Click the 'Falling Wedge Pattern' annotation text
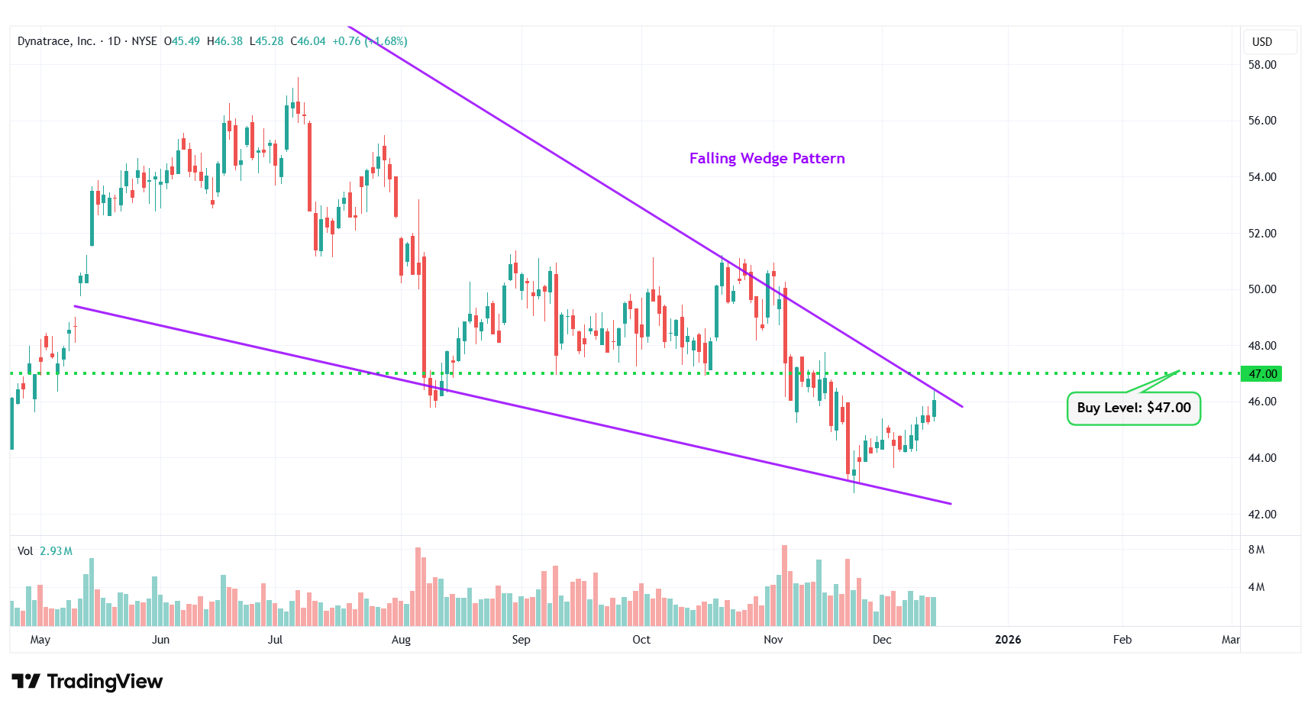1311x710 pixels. [x=767, y=158]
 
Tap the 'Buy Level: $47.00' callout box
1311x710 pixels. [x=1133, y=408]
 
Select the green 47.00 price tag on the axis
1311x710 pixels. [x=1261, y=373]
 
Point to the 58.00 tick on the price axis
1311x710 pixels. [x=1262, y=65]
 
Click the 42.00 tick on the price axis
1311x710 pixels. [x=1262, y=514]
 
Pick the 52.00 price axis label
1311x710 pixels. [x=1262, y=233]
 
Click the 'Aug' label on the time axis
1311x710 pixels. [x=401, y=640]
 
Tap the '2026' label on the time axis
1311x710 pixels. [x=1008, y=640]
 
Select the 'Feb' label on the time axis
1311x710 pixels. [x=1122, y=640]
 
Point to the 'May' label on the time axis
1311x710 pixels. [x=40, y=640]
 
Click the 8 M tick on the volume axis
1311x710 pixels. [x=1256, y=550]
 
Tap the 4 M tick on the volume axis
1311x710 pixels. [x=1256, y=587]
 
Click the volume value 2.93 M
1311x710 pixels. [x=56, y=551]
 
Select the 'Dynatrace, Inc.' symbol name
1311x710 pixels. [x=56, y=41]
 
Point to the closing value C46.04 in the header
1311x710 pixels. [x=308, y=41]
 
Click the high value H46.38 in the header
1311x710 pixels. [x=225, y=41]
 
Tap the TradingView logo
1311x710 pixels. [x=87, y=681]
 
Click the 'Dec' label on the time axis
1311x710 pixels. [x=882, y=640]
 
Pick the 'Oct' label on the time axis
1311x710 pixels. [x=641, y=640]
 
